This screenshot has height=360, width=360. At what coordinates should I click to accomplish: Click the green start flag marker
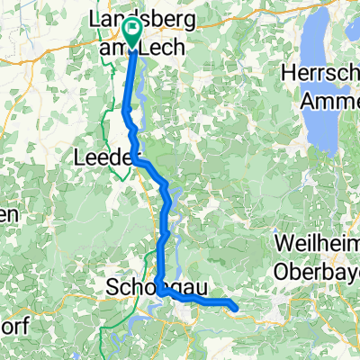click(133, 33)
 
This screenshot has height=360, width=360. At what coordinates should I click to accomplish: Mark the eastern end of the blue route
click(236, 309)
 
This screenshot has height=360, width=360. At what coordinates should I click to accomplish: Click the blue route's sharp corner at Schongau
click(159, 291)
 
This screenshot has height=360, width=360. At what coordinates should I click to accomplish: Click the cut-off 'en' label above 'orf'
click(7, 214)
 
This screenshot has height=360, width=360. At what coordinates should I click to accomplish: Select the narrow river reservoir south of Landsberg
click(142, 90)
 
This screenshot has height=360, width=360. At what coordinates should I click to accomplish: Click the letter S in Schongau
click(112, 288)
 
